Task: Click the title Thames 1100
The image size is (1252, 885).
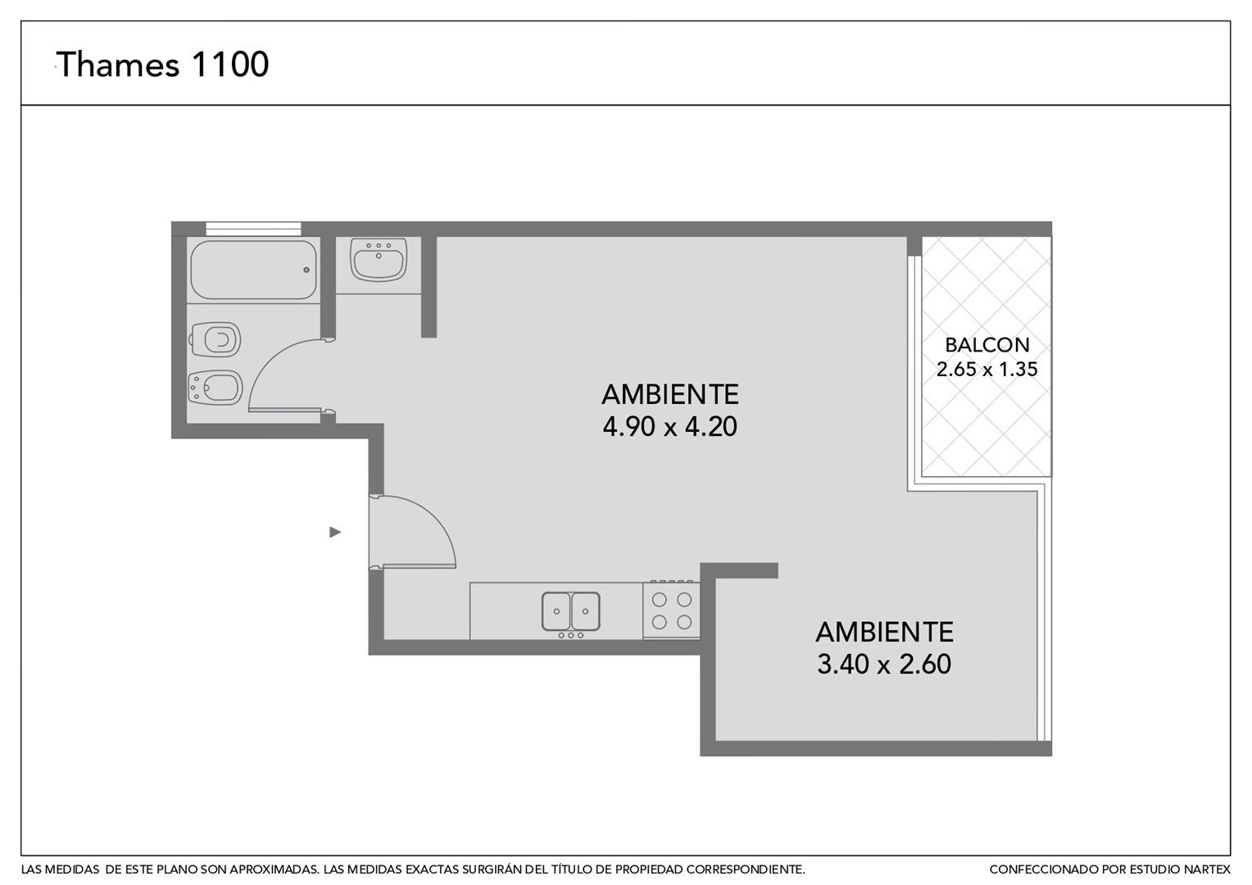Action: [x=163, y=64]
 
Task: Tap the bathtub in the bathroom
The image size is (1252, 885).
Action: [x=254, y=270]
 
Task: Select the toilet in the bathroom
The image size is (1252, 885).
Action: [x=215, y=339]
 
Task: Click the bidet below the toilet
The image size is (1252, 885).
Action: [x=215, y=388]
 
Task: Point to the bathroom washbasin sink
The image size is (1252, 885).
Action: [x=379, y=260]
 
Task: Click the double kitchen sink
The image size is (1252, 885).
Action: [x=570, y=611]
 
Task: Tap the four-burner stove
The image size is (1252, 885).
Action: [x=671, y=610]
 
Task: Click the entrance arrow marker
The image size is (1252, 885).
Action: [x=335, y=533]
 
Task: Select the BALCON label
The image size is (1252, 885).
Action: [x=987, y=345]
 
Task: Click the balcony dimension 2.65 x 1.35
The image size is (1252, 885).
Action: [x=987, y=370]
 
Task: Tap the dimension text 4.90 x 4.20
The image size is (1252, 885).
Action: [x=669, y=427]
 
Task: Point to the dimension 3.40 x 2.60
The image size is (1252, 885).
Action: [x=884, y=665]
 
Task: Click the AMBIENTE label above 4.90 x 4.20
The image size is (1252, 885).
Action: [x=670, y=395]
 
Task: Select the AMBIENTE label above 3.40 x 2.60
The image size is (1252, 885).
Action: [x=884, y=633]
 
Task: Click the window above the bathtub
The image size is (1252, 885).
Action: [x=253, y=229]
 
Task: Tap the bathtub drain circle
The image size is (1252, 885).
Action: [x=306, y=270]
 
